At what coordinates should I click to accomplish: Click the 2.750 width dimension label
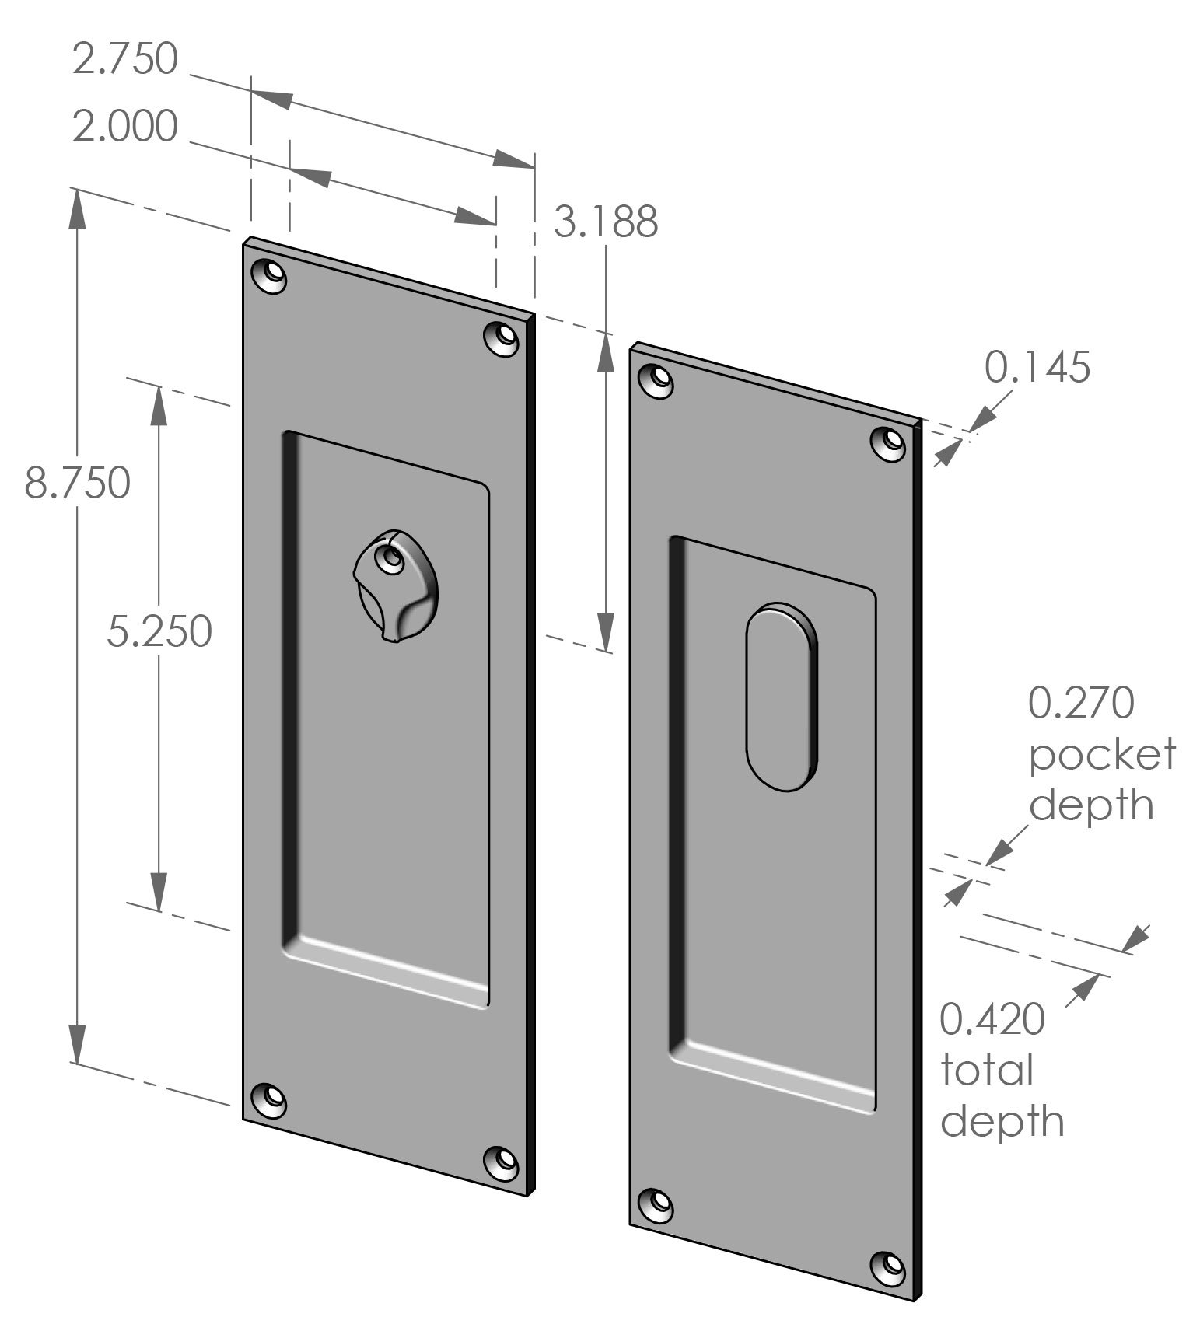(124, 60)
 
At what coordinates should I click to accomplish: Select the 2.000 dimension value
(124, 127)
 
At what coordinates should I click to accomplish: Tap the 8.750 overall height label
(77, 483)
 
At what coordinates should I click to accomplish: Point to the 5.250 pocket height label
(159, 631)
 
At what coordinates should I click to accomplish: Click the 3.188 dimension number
(605, 222)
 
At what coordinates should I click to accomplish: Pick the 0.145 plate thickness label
(1037, 368)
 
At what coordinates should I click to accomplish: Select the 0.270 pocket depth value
(1081, 704)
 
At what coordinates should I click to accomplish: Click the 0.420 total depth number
(992, 1020)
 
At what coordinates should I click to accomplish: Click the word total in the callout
(986, 1071)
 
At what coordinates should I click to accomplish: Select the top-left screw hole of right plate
(656, 379)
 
